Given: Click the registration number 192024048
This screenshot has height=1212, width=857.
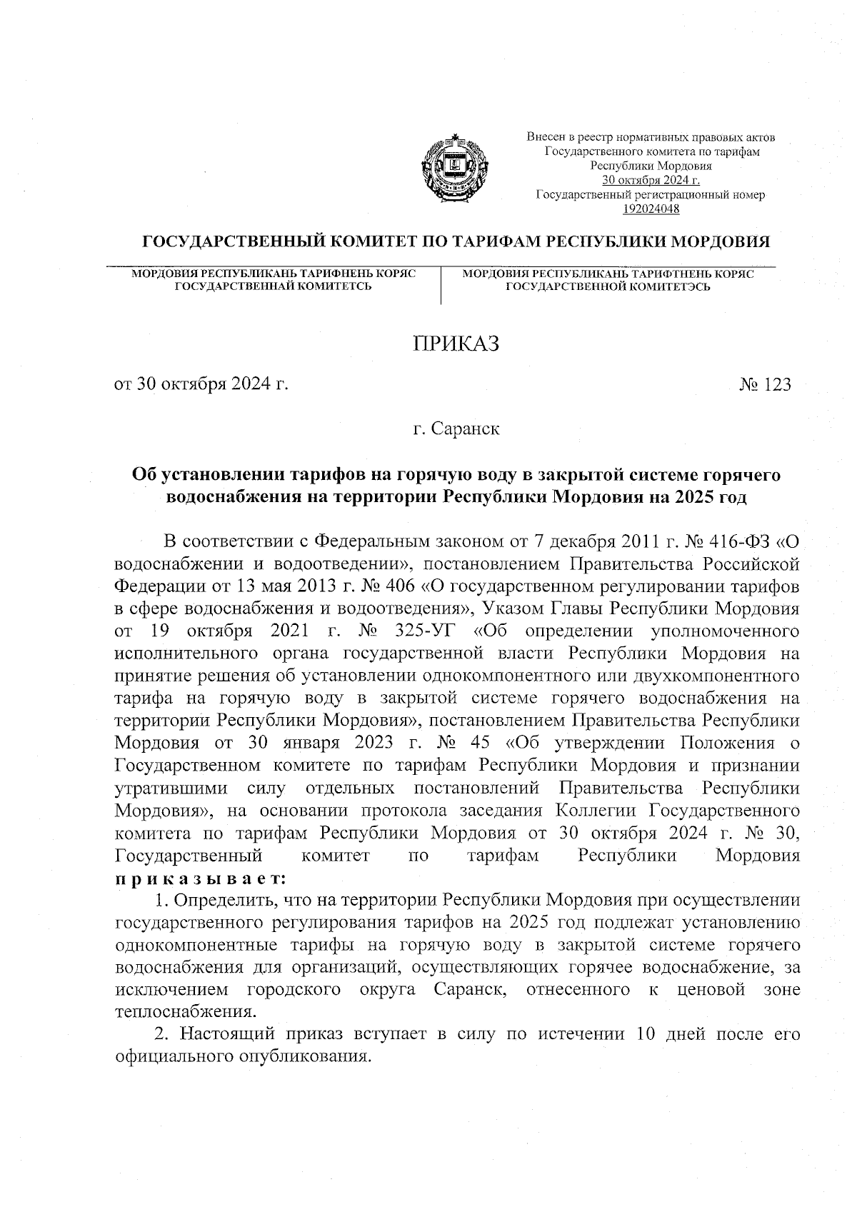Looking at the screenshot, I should click(x=651, y=209).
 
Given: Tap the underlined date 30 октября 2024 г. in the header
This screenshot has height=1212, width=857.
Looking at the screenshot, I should click(x=651, y=180).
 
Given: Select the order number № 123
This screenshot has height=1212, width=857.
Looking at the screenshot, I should click(x=765, y=385).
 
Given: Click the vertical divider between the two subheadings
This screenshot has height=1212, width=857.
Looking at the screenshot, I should click(x=441, y=285).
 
